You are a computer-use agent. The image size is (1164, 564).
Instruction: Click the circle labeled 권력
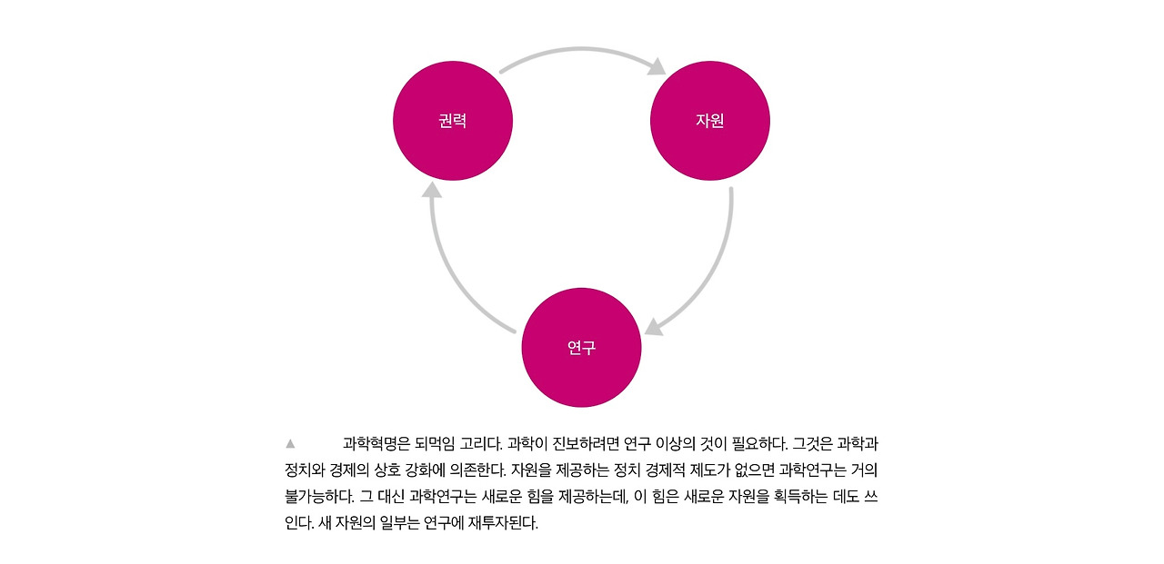coord(453,121)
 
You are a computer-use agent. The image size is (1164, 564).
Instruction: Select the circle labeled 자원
coord(710,121)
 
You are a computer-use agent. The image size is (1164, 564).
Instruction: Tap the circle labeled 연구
coord(581,348)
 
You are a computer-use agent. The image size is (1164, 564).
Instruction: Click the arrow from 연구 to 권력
coord(455,272)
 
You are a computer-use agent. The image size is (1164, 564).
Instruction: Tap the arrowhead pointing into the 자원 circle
coord(657,66)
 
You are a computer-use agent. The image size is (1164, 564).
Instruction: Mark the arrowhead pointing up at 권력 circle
coord(432,190)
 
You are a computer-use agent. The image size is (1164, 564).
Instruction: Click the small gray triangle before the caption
coord(290,444)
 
